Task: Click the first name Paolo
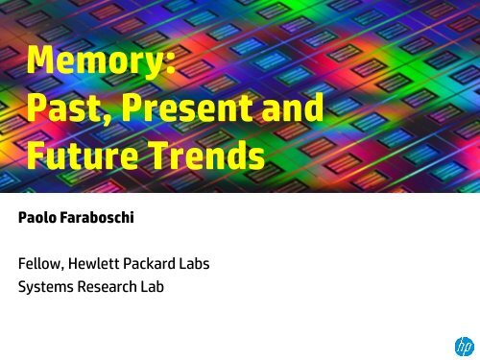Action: click(x=42, y=218)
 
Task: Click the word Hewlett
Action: click(x=109, y=262)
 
